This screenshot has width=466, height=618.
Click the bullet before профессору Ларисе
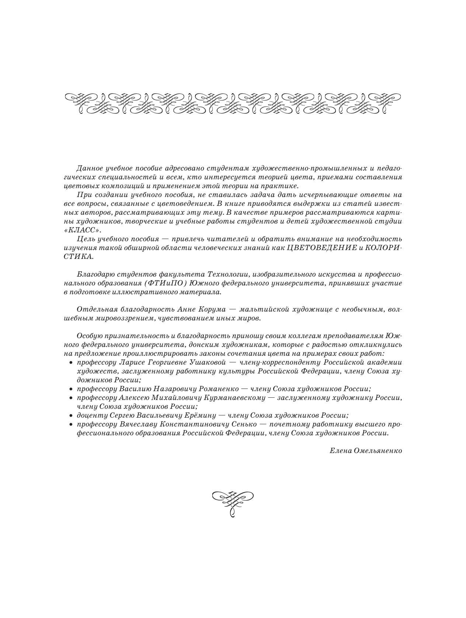coord(71,363)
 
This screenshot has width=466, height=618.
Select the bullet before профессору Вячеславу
coord(71,425)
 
